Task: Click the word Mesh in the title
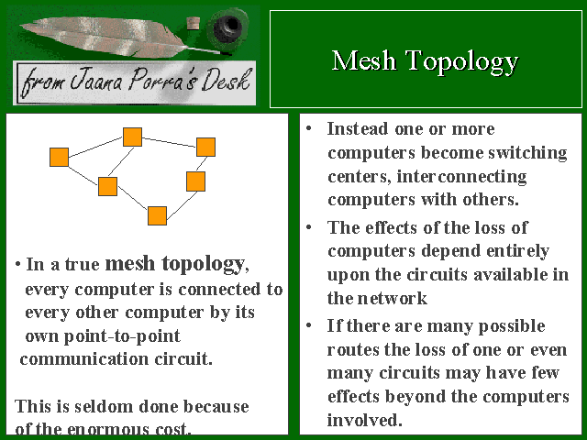click(x=363, y=60)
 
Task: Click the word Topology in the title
click(x=462, y=62)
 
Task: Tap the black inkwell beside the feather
click(x=227, y=27)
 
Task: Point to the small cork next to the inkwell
click(x=193, y=23)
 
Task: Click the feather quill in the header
click(x=120, y=38)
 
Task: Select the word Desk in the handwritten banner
click(x=226, y=80)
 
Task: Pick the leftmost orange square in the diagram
click(x=59, y=157)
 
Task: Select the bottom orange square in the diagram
click(x=157, y=216)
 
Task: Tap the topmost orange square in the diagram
click(x=132, y=137)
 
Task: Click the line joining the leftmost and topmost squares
click(x=95, y=147)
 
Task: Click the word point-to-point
click(x=122, y=336)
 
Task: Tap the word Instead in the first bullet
click(x=358, y=128)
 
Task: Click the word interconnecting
click(x=461, y=177)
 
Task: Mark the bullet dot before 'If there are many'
click(x=309, y=325)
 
